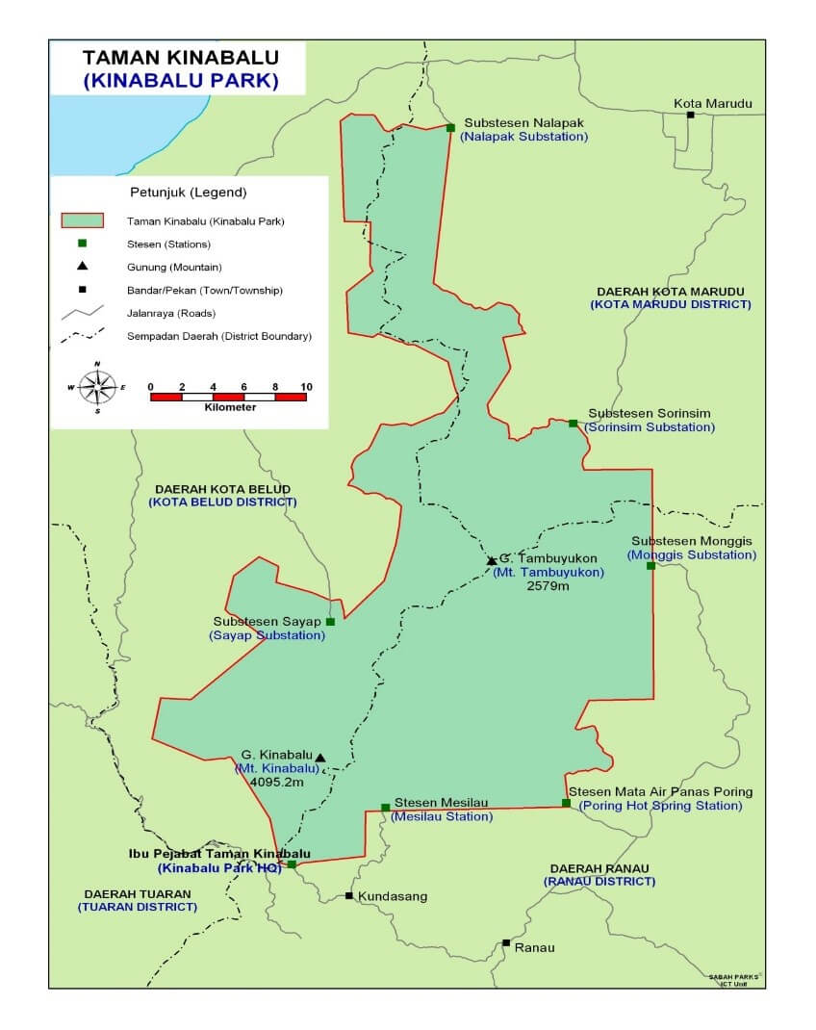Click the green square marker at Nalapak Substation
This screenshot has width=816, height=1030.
[x=450, y=127]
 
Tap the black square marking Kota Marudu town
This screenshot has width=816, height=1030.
[x=690, y=115]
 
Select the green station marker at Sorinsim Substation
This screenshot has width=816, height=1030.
[x=573, y=424]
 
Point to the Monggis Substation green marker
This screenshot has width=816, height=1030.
[x=650, y=566]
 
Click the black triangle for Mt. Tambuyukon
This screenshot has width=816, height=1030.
[x=492, y=560]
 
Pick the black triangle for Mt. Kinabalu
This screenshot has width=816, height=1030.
[x=320, y=758]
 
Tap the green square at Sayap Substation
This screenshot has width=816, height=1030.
[x=330, y=622]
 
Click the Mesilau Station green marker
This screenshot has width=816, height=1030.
[x=385, y=807]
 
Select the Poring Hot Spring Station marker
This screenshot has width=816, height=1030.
[x=566, y=803]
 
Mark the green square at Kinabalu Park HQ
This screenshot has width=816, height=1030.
[x=292, y=864]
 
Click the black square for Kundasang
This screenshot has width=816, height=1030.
[x=348, y=896]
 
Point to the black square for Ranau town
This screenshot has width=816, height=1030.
[x=506, y=942]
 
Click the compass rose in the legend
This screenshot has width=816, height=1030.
[x=97, y=387]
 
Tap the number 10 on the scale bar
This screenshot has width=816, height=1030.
[x=306, y=387]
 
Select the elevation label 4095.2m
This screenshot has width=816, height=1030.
[x=276, y=783]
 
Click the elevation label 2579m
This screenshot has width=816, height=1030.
[x=548, y=585]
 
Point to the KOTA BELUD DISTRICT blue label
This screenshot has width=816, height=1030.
[x=222, y=502]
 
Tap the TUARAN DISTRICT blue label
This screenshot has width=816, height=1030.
[x=138, y=907]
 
